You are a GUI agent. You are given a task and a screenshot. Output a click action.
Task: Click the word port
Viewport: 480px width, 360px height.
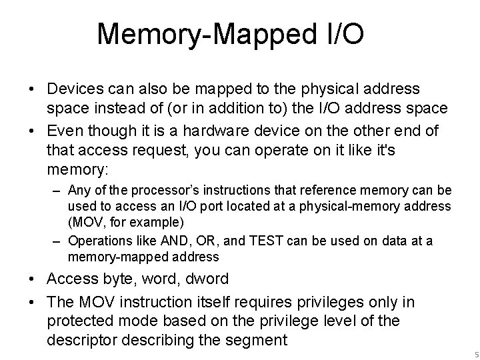[212, 208]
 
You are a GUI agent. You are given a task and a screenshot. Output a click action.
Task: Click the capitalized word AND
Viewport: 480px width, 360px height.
[169, 241]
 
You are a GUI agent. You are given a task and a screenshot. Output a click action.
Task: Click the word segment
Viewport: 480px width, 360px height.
[256, 340]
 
